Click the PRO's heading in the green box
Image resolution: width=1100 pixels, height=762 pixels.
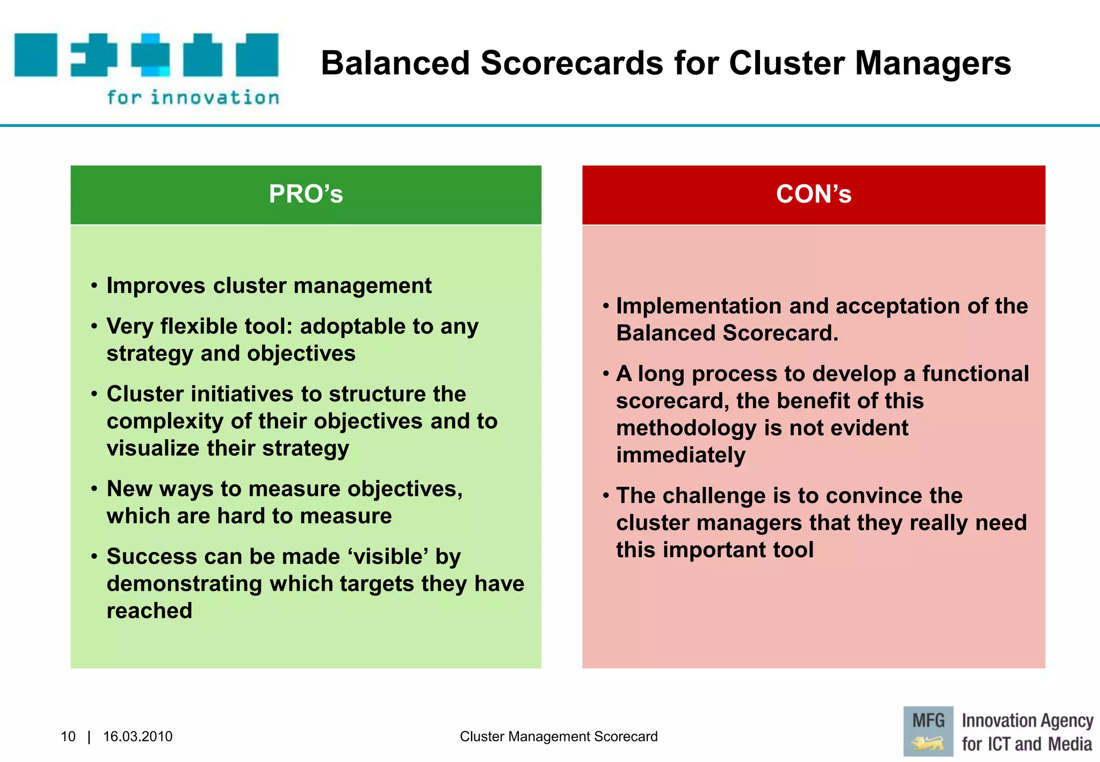click(x=306, y=194)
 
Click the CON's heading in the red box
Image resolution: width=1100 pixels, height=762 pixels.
click(x=813, y=194)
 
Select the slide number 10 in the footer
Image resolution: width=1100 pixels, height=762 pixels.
click(x=68, y=736)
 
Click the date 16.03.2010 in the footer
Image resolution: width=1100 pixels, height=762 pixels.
click(x=137, y=736)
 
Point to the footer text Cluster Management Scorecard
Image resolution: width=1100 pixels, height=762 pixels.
click(x=559, y=736)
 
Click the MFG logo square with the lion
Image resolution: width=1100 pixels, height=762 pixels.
click(x=928, y=731)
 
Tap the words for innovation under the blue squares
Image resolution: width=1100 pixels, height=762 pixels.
click(x=193, y=98)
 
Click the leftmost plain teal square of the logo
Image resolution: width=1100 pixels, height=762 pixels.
click(x=35, y=55)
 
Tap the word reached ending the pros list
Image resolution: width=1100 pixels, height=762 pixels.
click(x=149, y=611)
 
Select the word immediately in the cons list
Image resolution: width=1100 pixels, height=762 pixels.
click(x=681, y=456)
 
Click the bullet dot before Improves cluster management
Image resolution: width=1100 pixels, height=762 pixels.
click(x=94, y=286)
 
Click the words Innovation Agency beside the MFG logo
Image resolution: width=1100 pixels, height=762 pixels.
click(x=1027, y=720)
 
